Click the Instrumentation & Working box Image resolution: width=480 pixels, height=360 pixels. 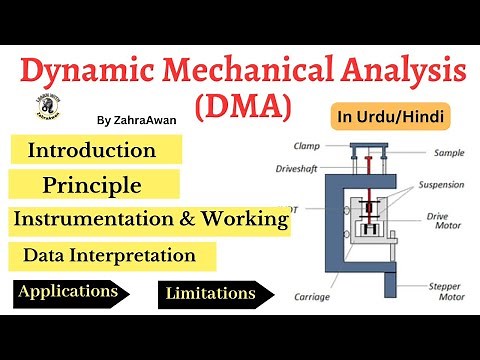click(x=151, y=217)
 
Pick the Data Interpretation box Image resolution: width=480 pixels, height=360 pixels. click(x=117, y=255)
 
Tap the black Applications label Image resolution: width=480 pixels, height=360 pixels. click(x=72, y=293)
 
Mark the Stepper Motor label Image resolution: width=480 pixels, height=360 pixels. click(x=438, y=291)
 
